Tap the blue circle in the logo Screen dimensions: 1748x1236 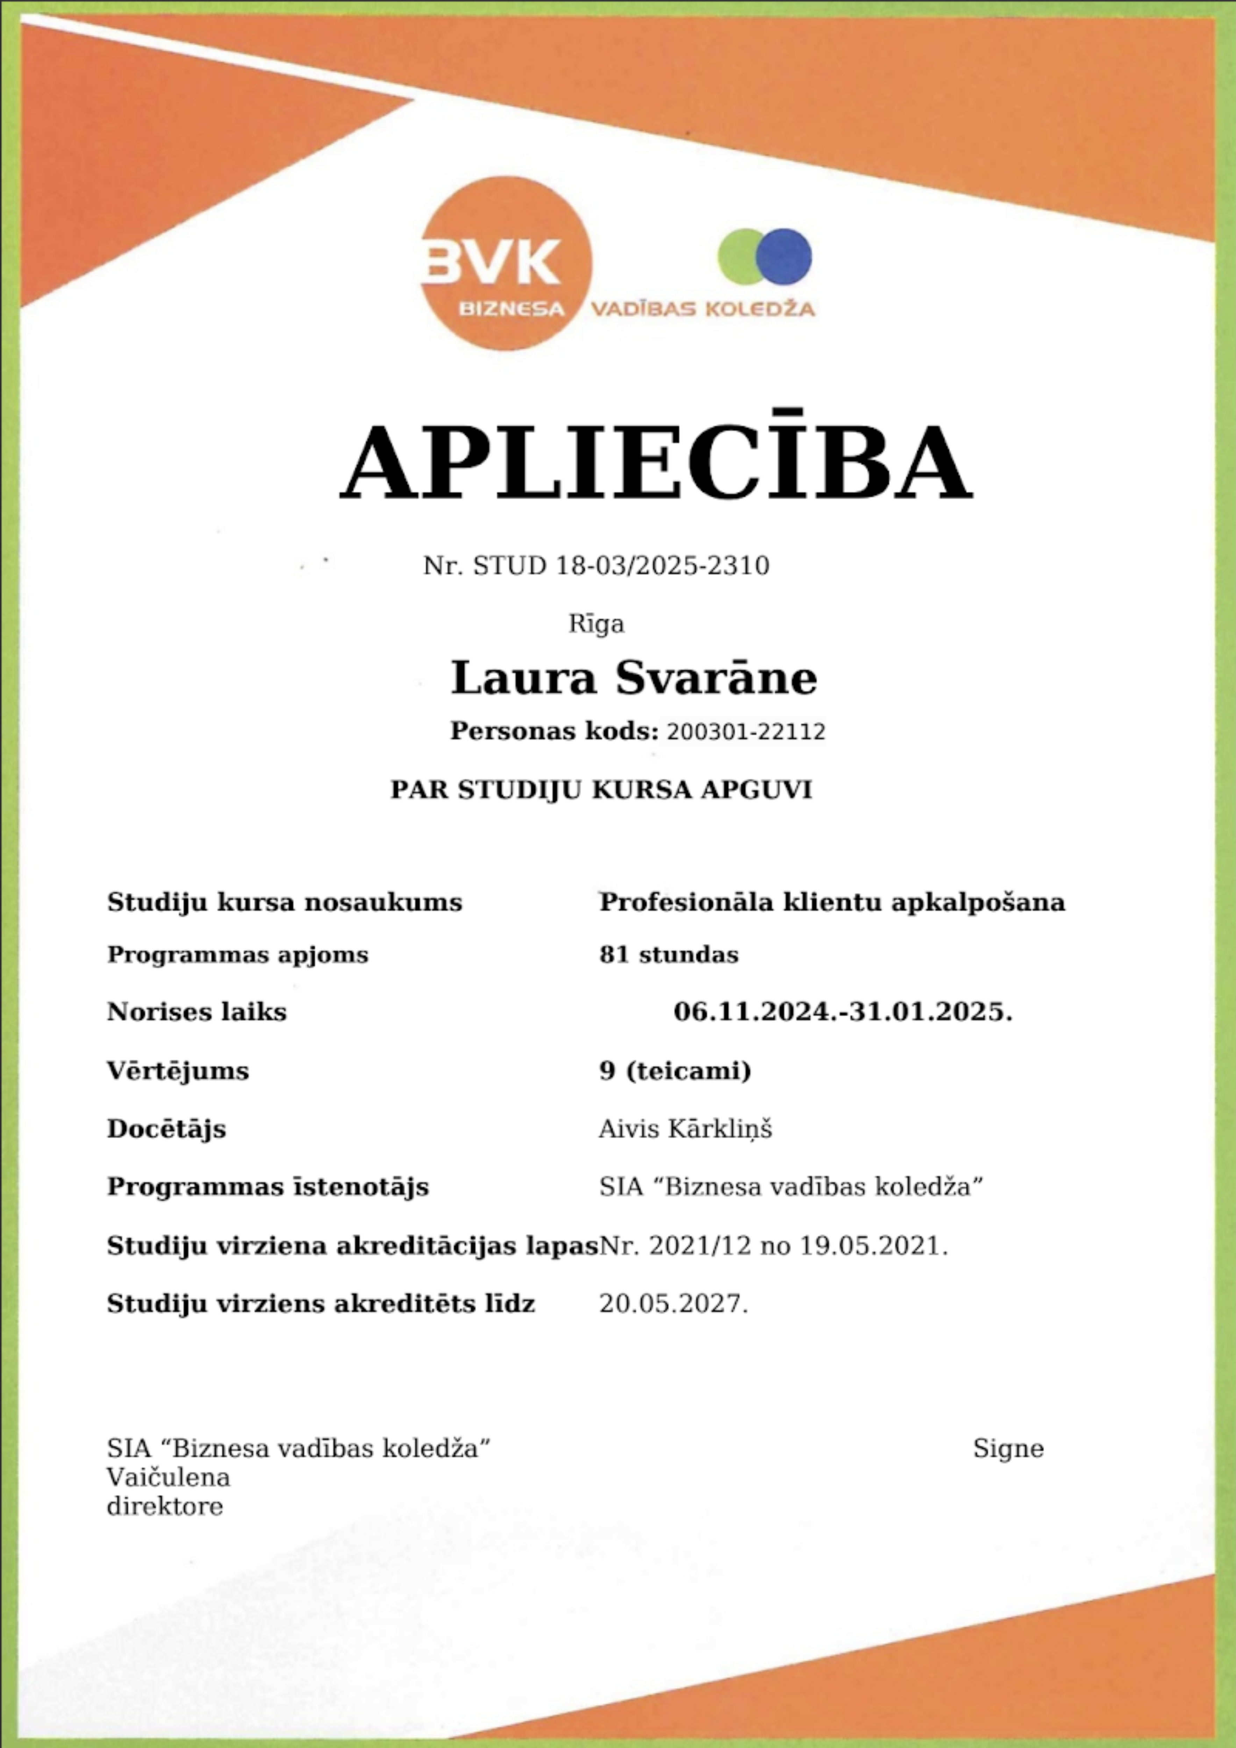(784, 256)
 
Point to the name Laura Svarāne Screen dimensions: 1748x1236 (634, 678)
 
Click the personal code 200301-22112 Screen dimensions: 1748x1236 (745, 732)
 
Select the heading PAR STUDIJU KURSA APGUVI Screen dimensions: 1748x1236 (601, 789)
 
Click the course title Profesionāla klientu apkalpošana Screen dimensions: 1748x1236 (831, 902)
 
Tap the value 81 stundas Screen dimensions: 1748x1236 (668, 955)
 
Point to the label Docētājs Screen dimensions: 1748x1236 (166, 1128)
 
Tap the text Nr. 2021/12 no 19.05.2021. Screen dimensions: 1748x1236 (773, 1246)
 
